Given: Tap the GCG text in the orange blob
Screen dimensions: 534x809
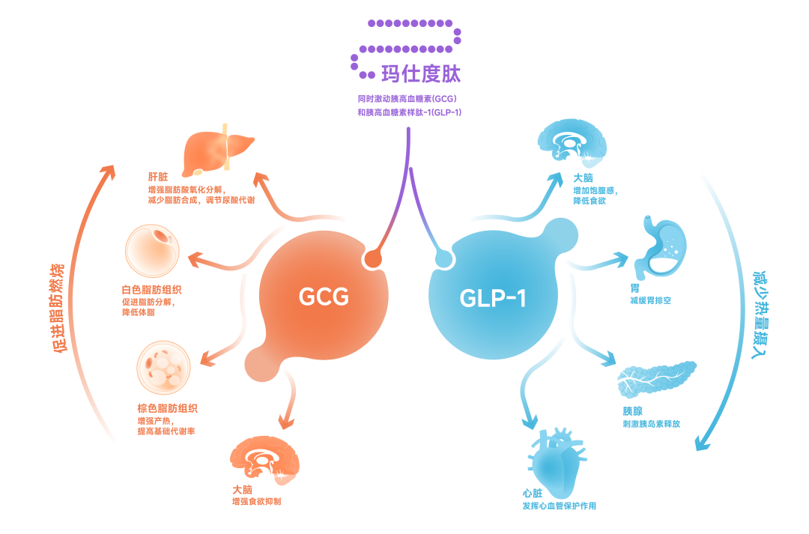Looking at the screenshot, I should point(324,297).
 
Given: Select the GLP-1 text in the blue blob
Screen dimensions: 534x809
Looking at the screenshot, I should point(492,298).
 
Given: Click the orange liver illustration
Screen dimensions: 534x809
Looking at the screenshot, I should point(218,148).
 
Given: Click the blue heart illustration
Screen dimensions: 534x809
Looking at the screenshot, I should point(557,458).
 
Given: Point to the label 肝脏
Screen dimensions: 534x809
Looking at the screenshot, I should point(157,178).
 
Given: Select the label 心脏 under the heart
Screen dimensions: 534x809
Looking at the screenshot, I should point(533,494).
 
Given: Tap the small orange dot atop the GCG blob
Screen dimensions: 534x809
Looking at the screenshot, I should point(372,259).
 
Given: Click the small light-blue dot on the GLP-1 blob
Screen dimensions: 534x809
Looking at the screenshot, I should point(444,259).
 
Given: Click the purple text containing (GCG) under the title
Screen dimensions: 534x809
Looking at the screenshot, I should point(408,98).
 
